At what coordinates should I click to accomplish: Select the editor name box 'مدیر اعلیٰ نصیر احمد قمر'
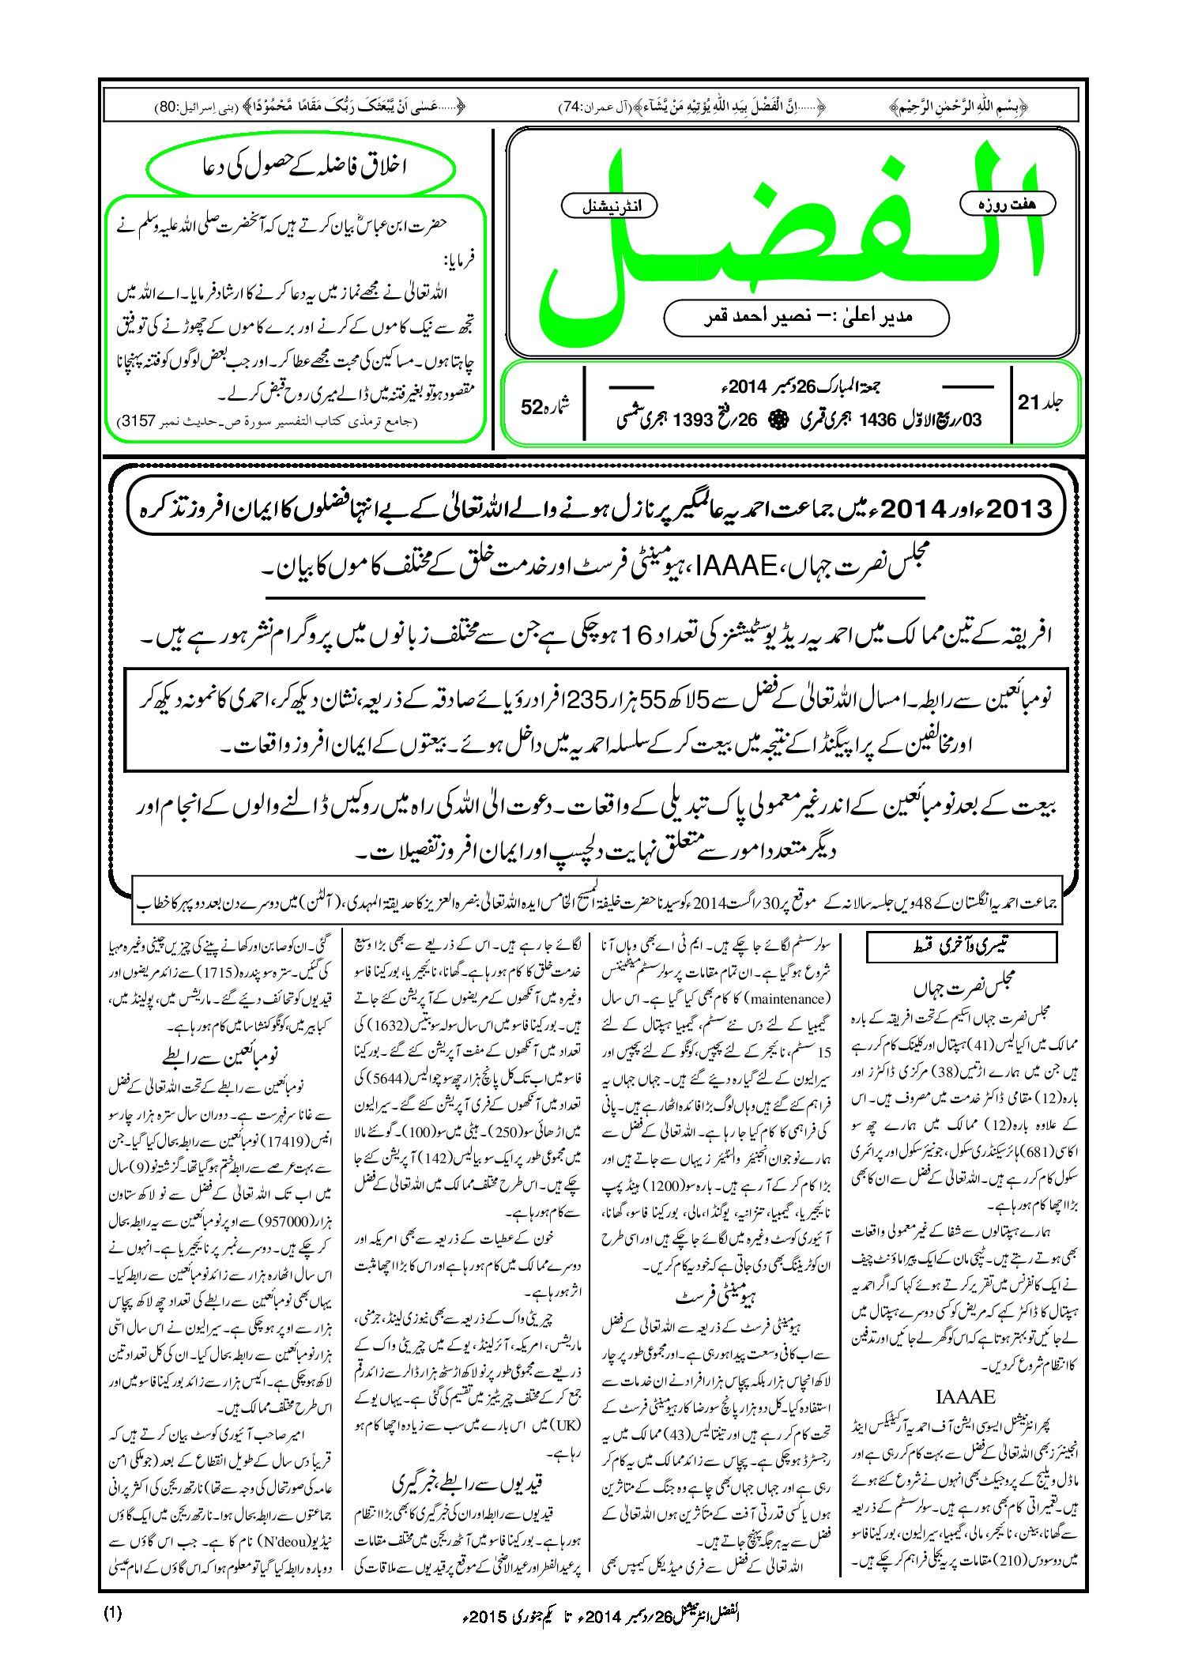pyautogui.click(x=806, y=317)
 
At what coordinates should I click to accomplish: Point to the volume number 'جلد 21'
pyautogui.click(x=1040, y=402)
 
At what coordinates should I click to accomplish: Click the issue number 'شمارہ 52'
pyautogui.click(x=545, y=406)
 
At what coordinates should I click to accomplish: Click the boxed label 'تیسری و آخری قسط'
pyautogui.click(x=961, y=946)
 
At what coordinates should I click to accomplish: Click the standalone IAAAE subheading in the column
pyautogui.click(x=965, y=1396)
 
